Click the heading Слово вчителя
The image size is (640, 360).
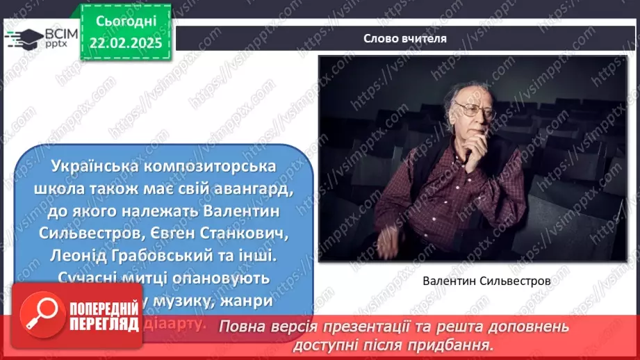[x=404, y=39]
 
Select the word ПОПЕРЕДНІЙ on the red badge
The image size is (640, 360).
[x=104, y=306]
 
